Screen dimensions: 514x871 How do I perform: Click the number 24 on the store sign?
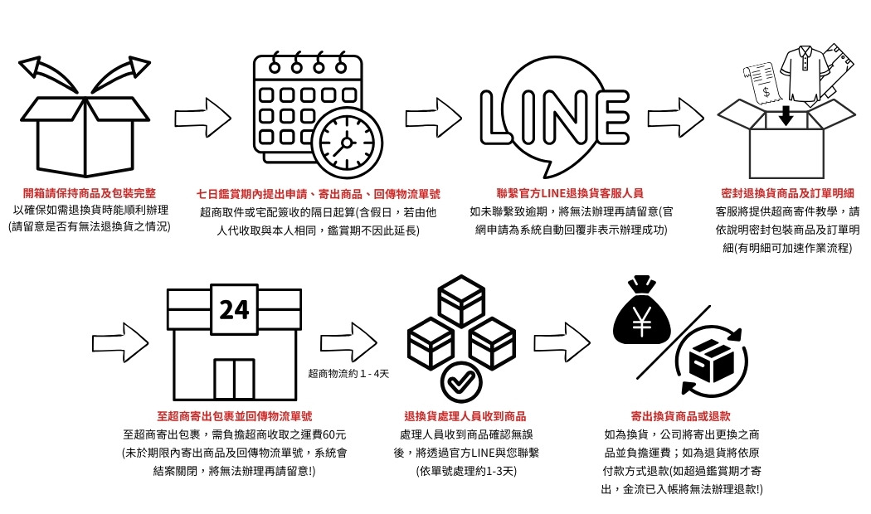(234, 309)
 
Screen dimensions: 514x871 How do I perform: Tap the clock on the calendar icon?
(348, 142)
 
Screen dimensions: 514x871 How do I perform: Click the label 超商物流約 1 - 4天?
(348, 374)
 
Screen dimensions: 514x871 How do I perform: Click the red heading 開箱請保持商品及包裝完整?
(89, 193)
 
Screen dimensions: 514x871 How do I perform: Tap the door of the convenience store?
(234, 379)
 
